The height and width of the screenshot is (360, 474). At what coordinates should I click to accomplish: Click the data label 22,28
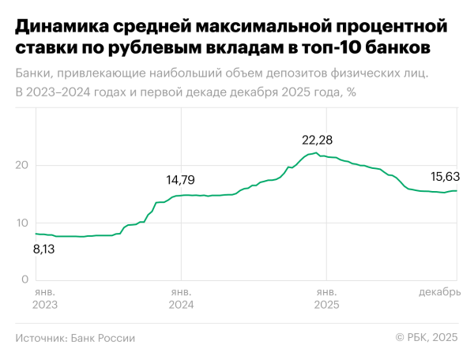(x=318, y=140)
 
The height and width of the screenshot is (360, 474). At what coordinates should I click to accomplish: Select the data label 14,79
(x=182, y=179)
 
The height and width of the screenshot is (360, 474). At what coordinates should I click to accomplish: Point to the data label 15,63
(x=445, y=176)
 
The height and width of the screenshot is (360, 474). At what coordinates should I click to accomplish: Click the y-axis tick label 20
(x=22, y=166)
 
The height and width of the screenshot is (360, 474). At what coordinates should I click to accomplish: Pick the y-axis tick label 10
(x=22, y=223)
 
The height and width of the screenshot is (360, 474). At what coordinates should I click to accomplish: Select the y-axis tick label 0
(x=25, y=279)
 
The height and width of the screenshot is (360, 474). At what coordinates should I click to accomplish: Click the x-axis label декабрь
(x=439, y=292)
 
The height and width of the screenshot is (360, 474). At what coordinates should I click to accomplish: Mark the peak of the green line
(x=316, y=152)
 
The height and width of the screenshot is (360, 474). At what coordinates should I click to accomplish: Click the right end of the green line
(x=457, y=191)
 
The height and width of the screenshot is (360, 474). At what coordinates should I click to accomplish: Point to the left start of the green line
(x=35, y=234)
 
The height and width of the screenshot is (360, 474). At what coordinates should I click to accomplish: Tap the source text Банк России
(x=103, y=338)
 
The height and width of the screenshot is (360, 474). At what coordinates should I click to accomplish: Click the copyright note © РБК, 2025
(x=426, y=338)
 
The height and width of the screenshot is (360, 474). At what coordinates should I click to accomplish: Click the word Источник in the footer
(x=40, y=338)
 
